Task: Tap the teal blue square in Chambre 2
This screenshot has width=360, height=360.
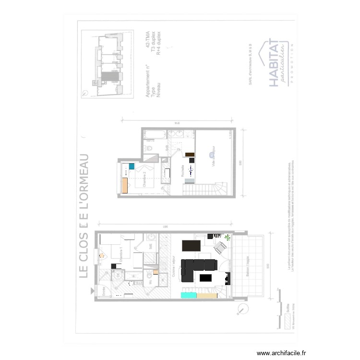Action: [x=131, y=167]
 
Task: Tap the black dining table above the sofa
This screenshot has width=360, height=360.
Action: [x=191, y=246]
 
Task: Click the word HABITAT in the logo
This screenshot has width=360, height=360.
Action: [x=273, y=63]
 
